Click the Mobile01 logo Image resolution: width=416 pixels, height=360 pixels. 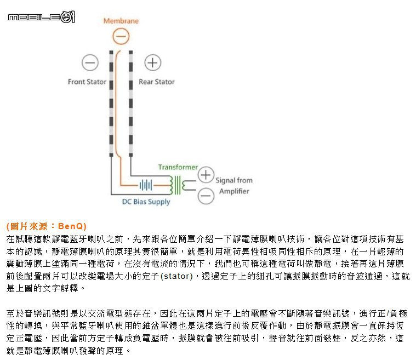click(x=42, y=17)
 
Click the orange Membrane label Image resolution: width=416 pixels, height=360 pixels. click(x=121, y=21)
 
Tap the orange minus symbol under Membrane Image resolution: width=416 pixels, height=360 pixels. click(x=121, y=36)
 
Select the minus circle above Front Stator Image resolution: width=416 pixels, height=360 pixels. click(x=90, y=63)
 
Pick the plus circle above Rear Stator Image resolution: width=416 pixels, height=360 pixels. click(x=153, y=63)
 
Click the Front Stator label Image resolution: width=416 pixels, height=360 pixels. click(x=87, y=82)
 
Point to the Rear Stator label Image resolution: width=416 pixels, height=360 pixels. click(x=157, y=82)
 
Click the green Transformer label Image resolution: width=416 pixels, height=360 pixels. click(x=178, y=167)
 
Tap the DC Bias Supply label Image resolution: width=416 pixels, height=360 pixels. click(x=146, y=202)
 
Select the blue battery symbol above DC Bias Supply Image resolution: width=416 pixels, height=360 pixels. click(x=146, y=185)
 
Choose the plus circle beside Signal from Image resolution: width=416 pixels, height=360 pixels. click(x=206, y=175)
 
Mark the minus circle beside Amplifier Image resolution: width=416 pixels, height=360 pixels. click(x=206, y=196)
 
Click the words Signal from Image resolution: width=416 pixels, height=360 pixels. click(x=234, y=180)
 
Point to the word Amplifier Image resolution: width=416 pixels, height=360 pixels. click(x=234, y=191)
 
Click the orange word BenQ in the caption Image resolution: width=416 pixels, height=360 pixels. click(x=70, y=226)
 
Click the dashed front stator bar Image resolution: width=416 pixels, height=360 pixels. click(x=111, y=104)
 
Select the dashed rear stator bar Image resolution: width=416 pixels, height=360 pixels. click(x=131, y=104)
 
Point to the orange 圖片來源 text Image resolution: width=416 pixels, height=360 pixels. click(x=29, y=226)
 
